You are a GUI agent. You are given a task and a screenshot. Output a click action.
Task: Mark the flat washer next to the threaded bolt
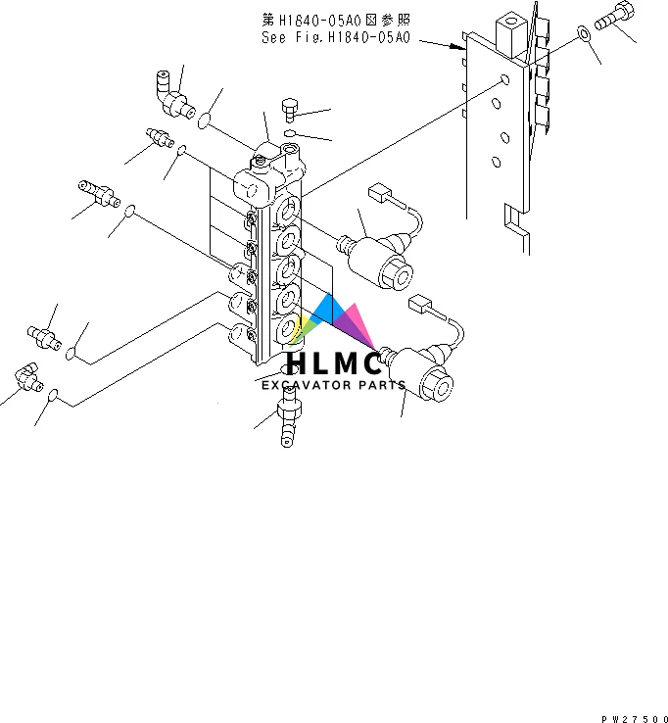point(584,34)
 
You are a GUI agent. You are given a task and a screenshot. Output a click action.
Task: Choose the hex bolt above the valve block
point(290,109)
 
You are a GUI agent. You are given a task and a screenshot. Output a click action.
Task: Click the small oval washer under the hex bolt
point(291,132)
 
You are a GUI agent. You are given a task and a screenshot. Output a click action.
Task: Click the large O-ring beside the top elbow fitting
point(206,122)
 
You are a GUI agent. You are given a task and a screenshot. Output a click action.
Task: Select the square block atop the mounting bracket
point(511,33)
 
